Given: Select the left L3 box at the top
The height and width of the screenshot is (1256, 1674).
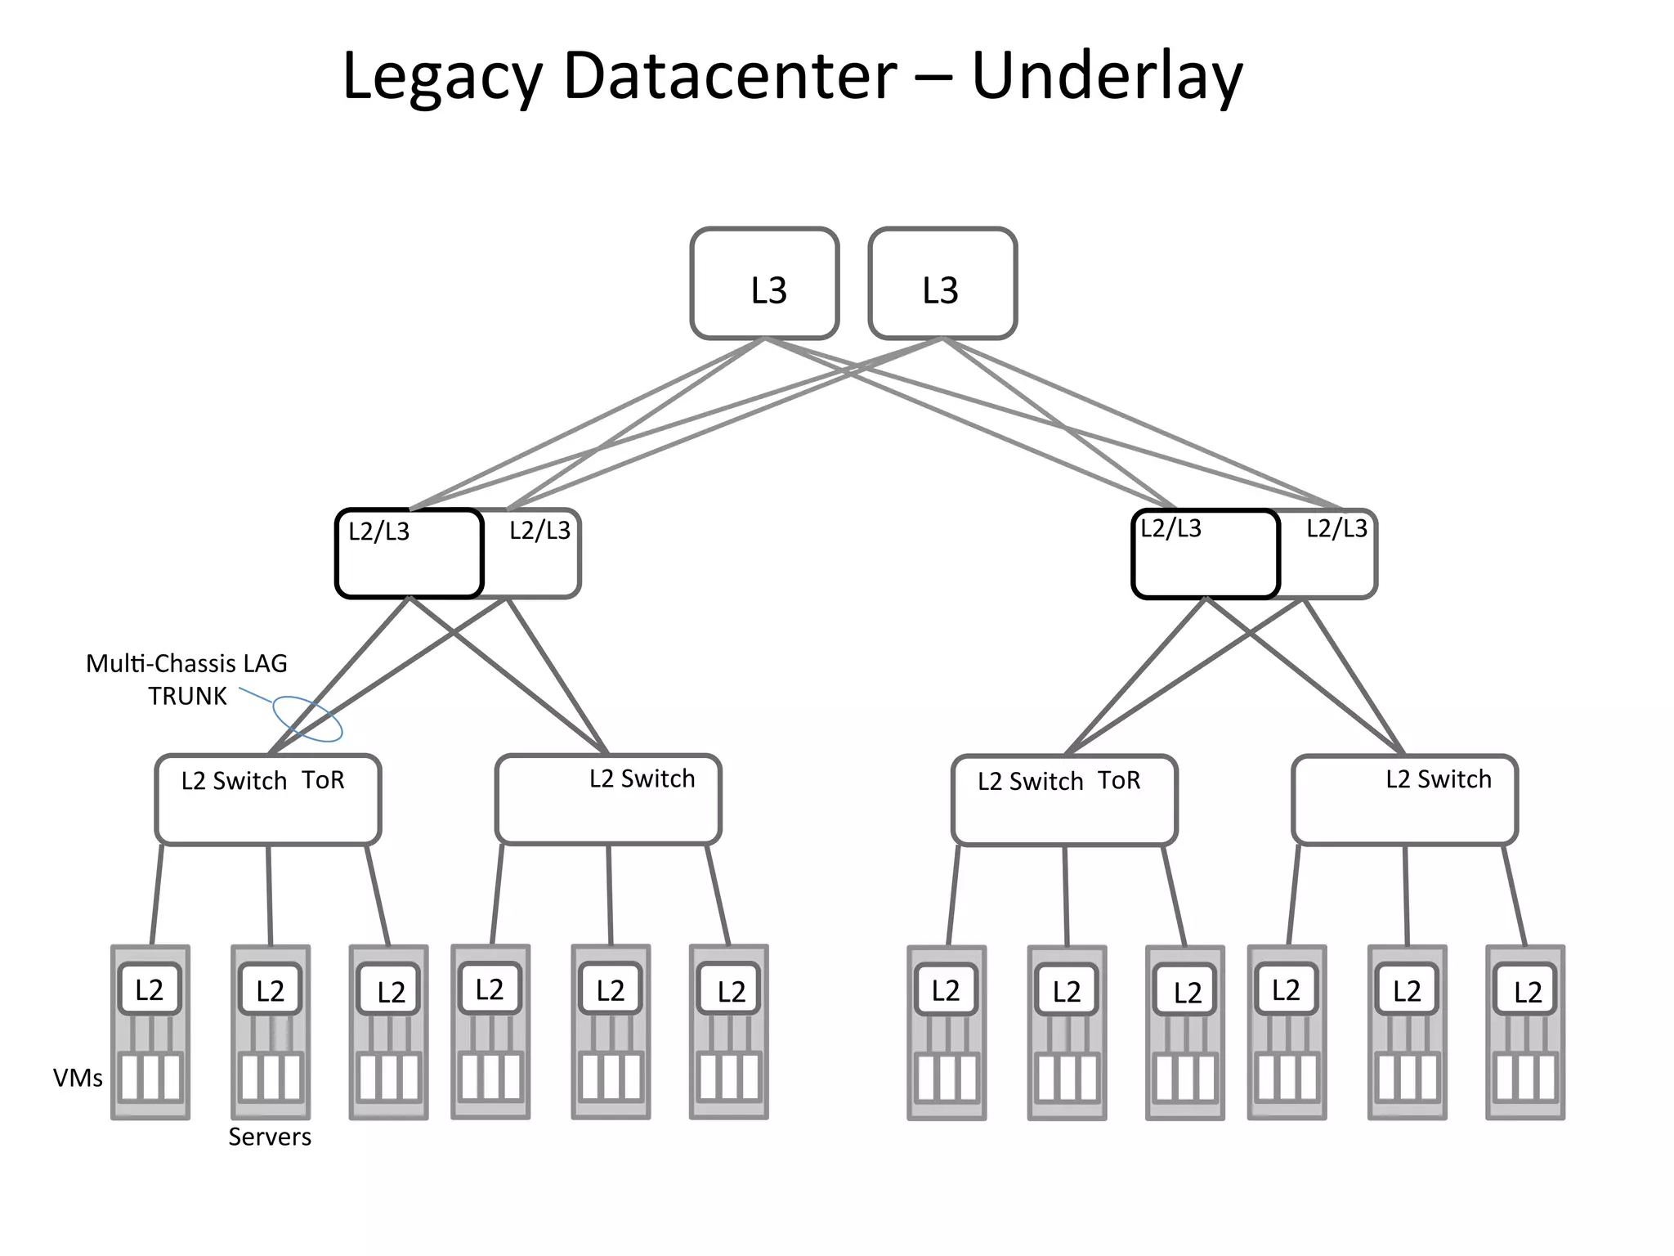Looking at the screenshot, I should click(x=764, y=284).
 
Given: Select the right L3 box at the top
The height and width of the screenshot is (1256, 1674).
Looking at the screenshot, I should click(x=942, y=284).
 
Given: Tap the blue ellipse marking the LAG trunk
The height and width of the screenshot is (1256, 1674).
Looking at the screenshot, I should click(x=307, y=719).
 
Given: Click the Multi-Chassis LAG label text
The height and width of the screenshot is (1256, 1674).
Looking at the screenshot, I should click(x=186, y=663).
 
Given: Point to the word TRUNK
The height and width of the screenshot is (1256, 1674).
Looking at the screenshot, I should click(x=187, y=697).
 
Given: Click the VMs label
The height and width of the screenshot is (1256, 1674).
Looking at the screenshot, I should click(x=78, y=1079).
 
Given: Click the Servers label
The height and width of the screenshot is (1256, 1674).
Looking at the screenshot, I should click(x=270, y=1137).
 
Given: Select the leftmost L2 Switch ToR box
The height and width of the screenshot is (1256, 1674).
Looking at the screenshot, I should click(x=268, y=800).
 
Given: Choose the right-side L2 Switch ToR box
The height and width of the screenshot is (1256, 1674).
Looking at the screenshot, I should click(x=1064, y=800).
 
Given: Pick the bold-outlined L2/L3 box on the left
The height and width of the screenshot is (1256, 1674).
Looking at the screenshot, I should click(x=409, y=554).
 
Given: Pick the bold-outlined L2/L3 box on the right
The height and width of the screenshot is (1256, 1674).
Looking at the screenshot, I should click(x=1205, y=554).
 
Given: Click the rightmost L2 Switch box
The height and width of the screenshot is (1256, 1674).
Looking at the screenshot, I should click(x=1404, y=800).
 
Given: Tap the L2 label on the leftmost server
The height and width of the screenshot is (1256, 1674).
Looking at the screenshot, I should click(x=149, y=990).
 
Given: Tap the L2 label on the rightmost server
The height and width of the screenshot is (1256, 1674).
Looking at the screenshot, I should click(x=1527, y=992).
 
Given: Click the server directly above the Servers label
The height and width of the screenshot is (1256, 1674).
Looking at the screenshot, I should click(x=271, y=1033).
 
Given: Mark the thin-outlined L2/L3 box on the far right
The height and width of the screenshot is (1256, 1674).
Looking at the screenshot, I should click(x=1332, y=554).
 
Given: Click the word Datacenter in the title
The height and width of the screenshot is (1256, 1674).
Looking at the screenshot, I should click(x=730, y=76).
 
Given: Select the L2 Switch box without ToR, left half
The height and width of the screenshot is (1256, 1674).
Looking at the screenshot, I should click(x=608, y=800).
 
